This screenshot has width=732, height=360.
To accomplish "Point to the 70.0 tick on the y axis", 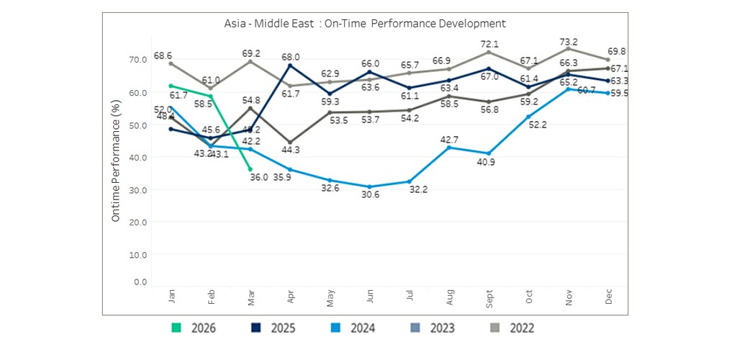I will point(137,60).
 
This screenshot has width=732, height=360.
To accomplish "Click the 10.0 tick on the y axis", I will point(137,255).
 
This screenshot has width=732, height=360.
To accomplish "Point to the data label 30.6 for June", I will point(370,199).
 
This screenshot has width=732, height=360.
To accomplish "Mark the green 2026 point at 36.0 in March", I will point(250,169).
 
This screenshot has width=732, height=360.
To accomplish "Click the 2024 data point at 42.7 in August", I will point(449,148).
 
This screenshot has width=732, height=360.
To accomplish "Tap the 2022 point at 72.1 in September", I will point(489,52).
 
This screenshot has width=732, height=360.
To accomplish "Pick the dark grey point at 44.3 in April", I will point(290,142).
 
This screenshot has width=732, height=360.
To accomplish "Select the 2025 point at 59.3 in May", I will point(330,94).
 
